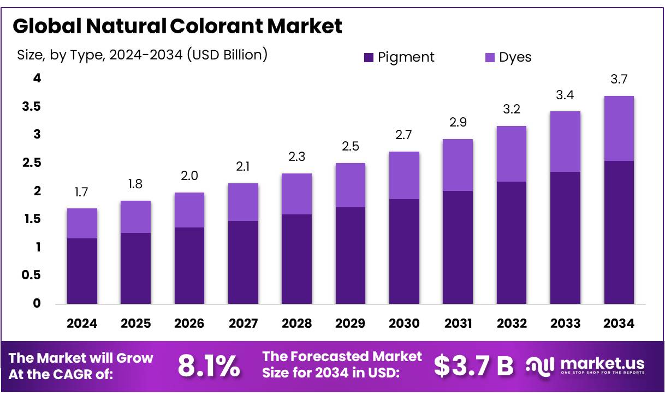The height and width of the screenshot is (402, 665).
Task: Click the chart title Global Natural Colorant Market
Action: click(177, 26)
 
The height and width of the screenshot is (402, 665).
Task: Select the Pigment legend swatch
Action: click(369, 57)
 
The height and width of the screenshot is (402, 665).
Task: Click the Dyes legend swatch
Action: click(490, 57)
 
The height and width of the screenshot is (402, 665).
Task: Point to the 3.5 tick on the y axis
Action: click(31, 106)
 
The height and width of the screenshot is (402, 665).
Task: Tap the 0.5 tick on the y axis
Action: click(31, 275)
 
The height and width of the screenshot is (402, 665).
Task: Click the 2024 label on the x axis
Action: click(82, 323)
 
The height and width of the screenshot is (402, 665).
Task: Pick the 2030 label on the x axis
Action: click(404, 323)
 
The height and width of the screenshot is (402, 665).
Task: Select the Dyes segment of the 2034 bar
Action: click(619, 128)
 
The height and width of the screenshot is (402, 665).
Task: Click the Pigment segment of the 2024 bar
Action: click(82, 271)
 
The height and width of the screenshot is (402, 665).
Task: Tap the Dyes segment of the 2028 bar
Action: click(296, 194)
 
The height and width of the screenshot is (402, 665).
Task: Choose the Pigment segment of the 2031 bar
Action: click(458, 247)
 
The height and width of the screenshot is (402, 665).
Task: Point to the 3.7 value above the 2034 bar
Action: click(619, 80)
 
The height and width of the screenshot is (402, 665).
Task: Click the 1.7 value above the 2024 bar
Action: click(82, 192)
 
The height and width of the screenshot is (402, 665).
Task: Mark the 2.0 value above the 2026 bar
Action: click(189, 176)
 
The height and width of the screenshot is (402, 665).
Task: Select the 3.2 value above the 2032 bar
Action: click(511, 109)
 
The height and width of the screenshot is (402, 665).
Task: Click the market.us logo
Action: click(585, 365)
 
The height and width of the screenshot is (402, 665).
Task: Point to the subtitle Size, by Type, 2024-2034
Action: click(142, 55)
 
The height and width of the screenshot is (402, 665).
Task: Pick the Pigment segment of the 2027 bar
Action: click(243, 262)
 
